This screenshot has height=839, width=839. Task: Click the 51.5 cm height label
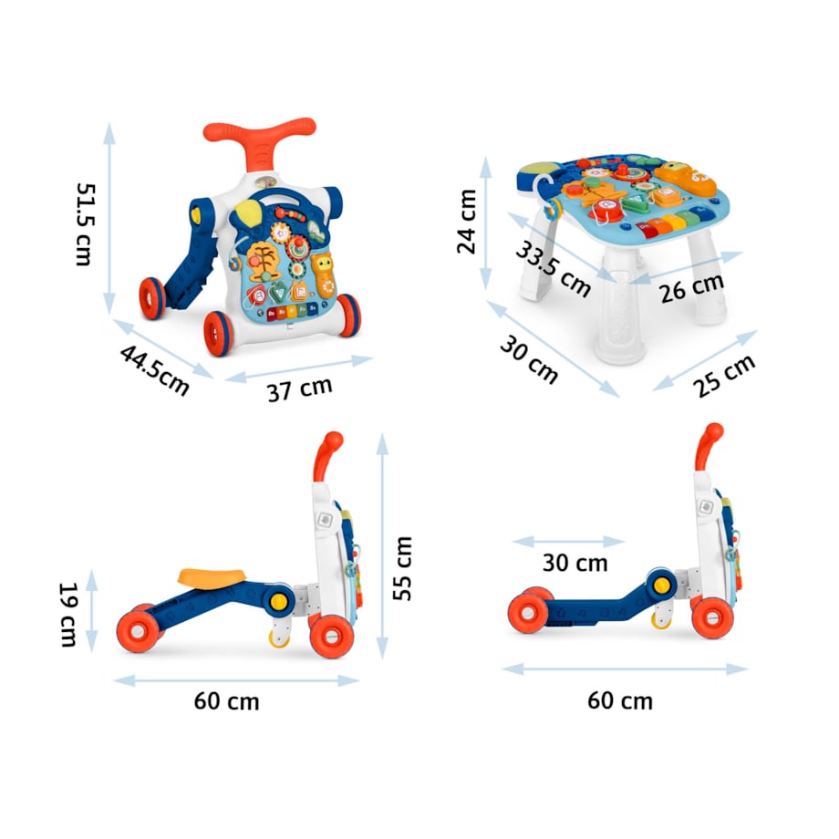point(85,224)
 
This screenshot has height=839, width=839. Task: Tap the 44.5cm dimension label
point(155,370)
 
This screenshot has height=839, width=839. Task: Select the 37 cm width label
point(300,389)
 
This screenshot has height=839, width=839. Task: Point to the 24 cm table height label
point(467,221)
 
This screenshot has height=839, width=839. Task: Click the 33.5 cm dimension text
point(554,269)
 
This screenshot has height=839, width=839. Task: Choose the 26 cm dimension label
point(691,288)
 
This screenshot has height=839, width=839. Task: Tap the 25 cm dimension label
point(724,376)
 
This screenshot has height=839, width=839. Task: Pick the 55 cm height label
point(402,568)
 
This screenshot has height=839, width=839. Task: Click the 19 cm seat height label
point(68,615)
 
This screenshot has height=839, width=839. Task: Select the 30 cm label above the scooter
point(575,563)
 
